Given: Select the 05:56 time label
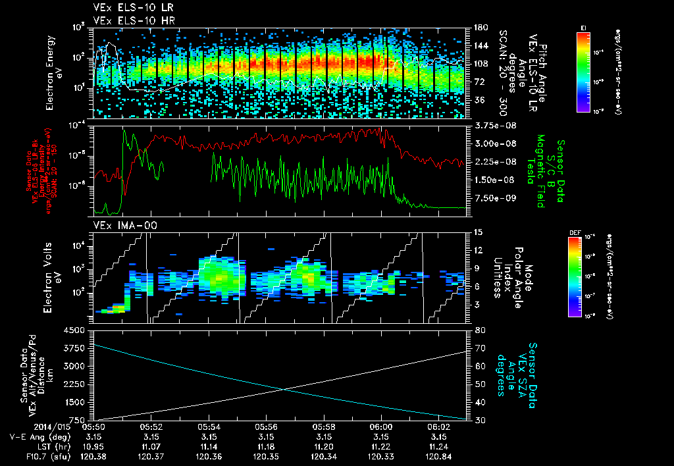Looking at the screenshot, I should [x=266, y=427].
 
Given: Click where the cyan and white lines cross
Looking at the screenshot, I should [x=284, y=389].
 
